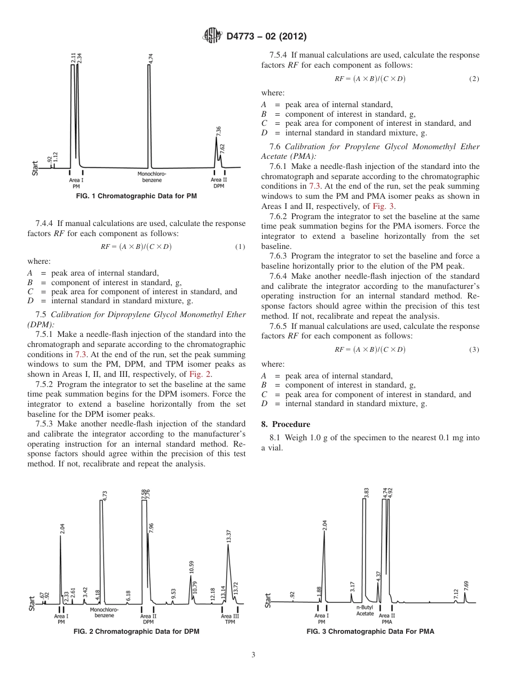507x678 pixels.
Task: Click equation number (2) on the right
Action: [x=474, y=78]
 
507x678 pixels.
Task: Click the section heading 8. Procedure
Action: [x=288, y=424]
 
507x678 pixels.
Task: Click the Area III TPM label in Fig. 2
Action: [x=230, y=619]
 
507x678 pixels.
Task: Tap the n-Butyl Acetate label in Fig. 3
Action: [x=365, y=610]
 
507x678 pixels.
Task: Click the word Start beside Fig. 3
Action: [x=268, y=600]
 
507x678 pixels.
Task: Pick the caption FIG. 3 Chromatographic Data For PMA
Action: [x=370, y=632]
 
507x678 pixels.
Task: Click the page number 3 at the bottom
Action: [x=253, y=655]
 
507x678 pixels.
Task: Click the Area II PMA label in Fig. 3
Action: [x=387, y=618]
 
